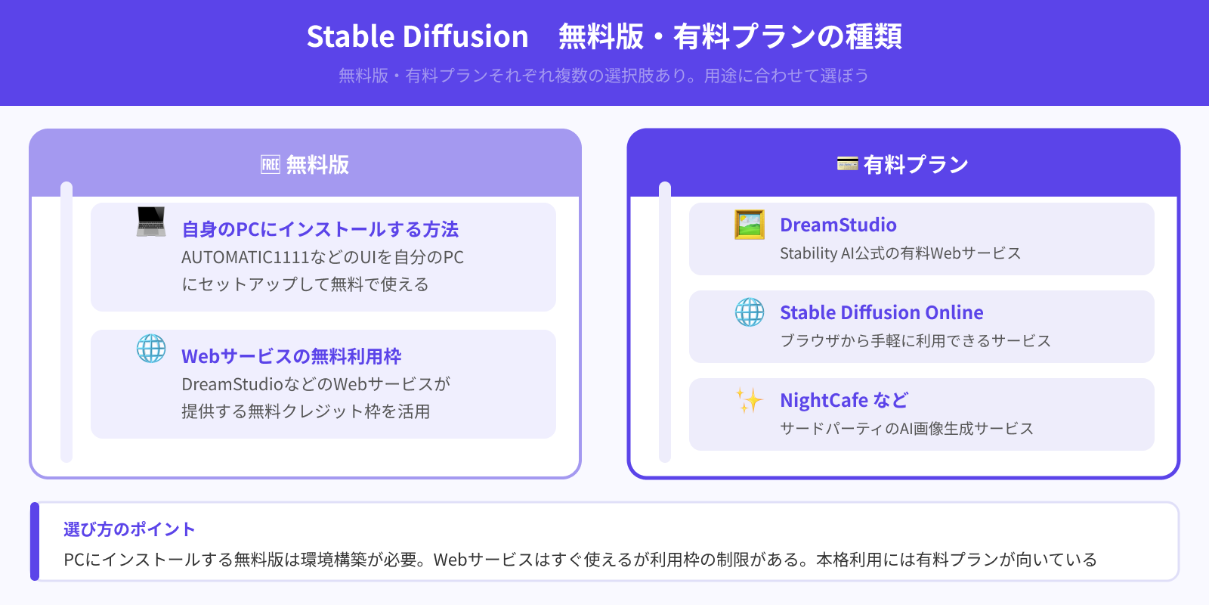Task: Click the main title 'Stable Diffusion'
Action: point(417,36)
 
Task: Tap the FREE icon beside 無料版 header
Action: point(271,164)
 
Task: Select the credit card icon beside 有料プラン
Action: point(847,163)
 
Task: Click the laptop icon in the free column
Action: point(151,222)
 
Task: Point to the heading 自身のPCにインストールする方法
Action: point(320,229)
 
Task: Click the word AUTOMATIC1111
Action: point(245,257)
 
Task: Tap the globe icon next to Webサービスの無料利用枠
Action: point(151,349)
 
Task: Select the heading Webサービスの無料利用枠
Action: point(292,356)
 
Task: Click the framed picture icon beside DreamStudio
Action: point(750,225)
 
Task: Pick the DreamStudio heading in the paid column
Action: point(838,225)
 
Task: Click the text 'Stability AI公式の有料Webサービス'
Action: point(900,253)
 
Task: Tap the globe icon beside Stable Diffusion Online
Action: point(750,312)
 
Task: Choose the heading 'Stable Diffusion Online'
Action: point(881,312)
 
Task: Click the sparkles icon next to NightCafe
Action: point(750,400)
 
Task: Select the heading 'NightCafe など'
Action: point(843,400)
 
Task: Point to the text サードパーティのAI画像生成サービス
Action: point(906,429)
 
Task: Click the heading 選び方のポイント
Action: point(129,529)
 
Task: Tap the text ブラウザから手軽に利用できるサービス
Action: point(915,341)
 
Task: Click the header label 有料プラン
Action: point(916,164)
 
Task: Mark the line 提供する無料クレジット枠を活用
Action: point(305,411)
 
